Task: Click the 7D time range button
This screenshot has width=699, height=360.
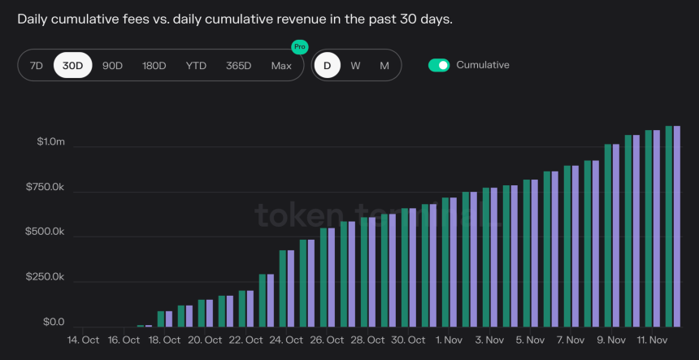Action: [36, 66]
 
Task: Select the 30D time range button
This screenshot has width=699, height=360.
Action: [73, 66]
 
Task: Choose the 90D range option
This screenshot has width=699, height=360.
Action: [112, 66]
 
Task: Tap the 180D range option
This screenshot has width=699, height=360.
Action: [154, 66]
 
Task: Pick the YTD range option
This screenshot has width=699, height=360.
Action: [196, 66]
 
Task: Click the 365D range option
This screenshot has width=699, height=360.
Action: [238, 66]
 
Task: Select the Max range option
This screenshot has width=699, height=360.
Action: [281, 66]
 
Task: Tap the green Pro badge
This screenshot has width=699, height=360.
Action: [300, 47]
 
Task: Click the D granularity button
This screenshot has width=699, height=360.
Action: [328, 66]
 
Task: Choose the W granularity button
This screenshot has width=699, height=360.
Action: [355, 66]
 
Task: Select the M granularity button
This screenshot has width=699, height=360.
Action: [384, 66]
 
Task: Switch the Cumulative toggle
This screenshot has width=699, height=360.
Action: [439, 65]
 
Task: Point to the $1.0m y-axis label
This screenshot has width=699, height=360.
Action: [50, 143]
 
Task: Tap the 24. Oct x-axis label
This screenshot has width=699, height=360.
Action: [286, 340]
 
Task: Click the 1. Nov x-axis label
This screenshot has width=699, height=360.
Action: [448, 340]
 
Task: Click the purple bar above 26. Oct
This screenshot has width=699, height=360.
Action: [331, 277]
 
